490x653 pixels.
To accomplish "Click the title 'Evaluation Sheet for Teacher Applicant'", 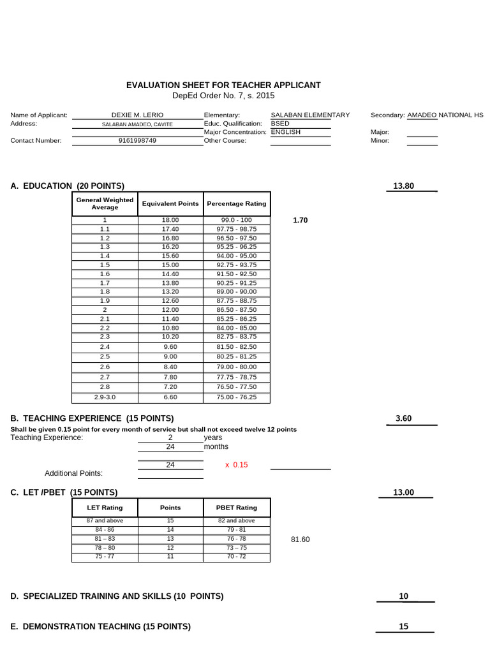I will coord(223,85).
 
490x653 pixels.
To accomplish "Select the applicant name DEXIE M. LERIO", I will coord(137,115).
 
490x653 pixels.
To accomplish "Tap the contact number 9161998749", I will coord(137,141).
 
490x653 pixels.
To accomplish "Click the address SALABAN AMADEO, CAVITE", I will coord(137,124).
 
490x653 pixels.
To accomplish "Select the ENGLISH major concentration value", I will coord(285,132).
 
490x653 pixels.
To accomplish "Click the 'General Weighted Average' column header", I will coord(105,203).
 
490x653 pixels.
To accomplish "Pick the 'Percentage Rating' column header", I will coord(237,204).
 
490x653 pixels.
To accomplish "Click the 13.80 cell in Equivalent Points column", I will coord(170,282).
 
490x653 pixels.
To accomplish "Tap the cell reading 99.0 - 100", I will coord(237,220).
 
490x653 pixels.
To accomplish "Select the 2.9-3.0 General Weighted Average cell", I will coord(105,397).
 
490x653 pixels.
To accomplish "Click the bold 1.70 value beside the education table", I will coord(300,220).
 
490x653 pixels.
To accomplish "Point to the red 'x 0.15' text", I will coord(236,465).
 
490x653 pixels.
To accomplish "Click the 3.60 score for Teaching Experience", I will coord(404,418).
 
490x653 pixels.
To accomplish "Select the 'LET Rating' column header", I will coord(105,508).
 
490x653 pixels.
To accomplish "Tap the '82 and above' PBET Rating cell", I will coord(237,521).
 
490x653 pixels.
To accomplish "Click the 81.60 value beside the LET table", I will coord(300,539).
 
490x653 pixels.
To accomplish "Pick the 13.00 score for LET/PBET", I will coord(404,492).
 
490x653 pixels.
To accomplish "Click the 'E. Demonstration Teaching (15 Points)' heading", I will coord(101,627).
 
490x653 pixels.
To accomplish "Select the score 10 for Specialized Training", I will coord(404,596).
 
